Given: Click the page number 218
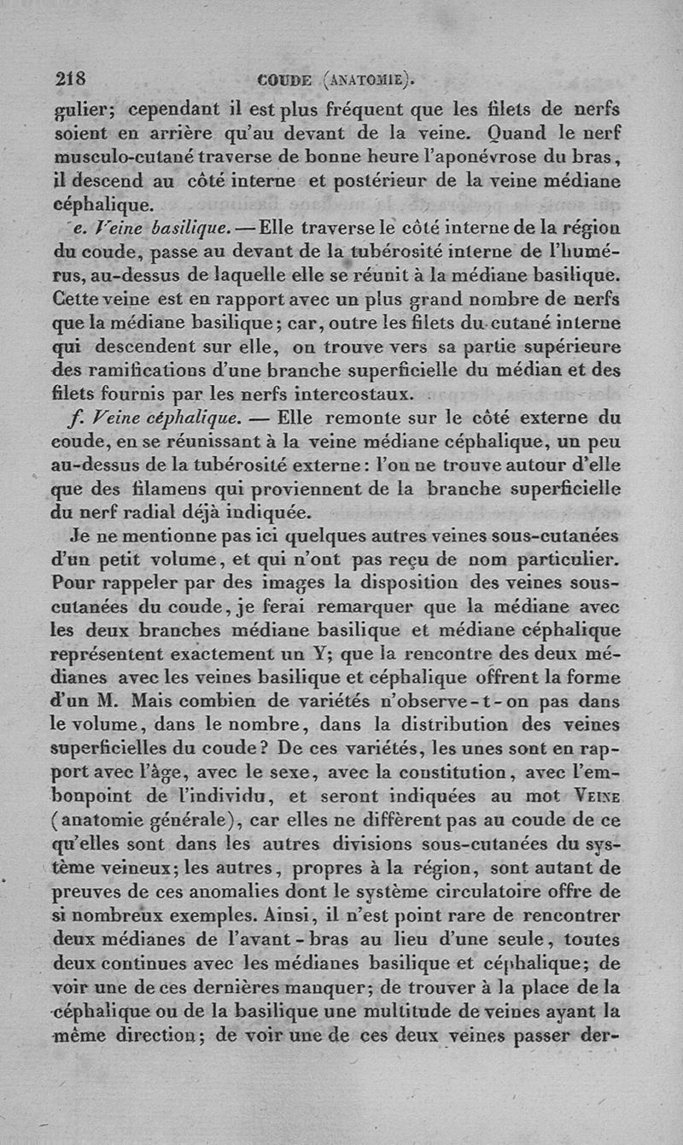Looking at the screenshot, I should [x=70, y=79].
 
